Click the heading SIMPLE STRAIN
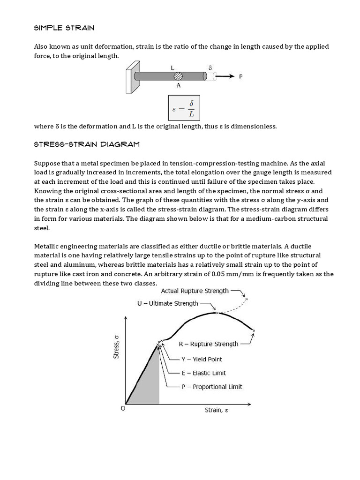[x=64, y=28]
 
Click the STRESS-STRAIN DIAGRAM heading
[x=87, y=144]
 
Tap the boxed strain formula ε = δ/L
[x=184, y=109]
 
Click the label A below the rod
[x=179, y=86]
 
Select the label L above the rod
[x=172, y=68]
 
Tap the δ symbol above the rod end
[x=210, y=67]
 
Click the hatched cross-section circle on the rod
[x=178, y=76]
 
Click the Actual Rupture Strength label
[x=195, y=291]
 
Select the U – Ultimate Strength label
[x=167, y=304]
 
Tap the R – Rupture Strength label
[x=209, y=344]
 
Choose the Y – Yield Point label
[x=202, y=360]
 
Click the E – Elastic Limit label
[x=203, y=373]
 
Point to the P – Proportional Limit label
[x=212, y=387]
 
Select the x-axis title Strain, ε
[x=216, y=411]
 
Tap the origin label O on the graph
[x=123, y=409]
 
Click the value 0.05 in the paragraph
[x=219, y=274]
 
